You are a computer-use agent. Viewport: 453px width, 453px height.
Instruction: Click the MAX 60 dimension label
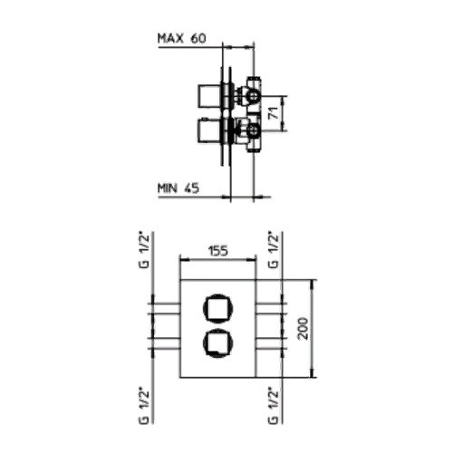(182, 38)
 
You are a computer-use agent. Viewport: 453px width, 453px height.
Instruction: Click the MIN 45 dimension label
(178, 188)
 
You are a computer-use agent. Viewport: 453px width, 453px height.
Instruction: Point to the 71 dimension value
(274, 114)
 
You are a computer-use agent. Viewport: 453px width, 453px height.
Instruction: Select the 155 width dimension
(218, 251)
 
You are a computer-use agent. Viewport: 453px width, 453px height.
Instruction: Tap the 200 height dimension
(304, 329)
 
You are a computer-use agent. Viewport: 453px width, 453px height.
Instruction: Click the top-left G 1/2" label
(145, 250)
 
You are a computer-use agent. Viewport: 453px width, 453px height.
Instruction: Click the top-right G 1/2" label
(274, 250)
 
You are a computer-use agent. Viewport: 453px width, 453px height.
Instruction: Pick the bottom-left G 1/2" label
(145, 406)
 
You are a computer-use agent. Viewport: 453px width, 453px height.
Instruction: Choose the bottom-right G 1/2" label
(274, 406)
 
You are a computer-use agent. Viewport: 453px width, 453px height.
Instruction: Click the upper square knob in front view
(218, 308)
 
